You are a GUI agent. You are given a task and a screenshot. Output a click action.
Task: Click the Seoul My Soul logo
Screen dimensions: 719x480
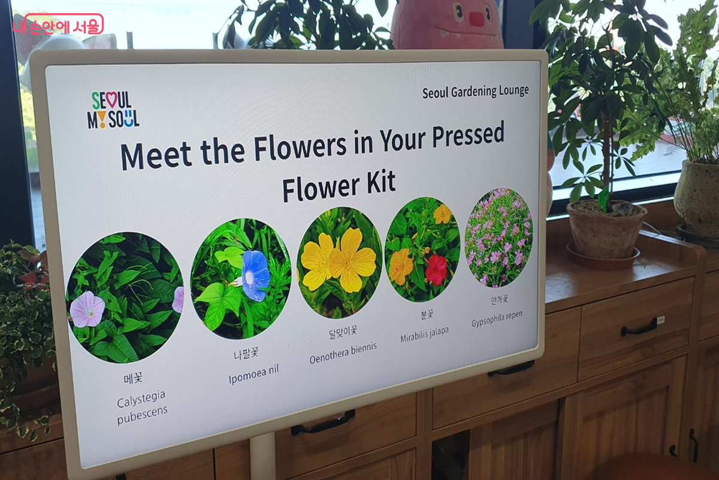[113, 110]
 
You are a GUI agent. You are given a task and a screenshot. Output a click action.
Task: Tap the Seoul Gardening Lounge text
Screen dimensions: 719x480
[475, 92]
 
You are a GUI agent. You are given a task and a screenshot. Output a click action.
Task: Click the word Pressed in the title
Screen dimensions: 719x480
[469, 136]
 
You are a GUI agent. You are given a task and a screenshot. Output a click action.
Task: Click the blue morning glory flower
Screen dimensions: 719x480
[255, 275]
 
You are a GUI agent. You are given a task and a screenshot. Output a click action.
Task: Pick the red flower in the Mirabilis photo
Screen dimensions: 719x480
[436, 270]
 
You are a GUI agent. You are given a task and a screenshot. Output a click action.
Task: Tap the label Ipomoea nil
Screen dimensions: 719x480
[253, 374]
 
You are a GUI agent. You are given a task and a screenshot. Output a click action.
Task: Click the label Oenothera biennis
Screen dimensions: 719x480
[343, 353]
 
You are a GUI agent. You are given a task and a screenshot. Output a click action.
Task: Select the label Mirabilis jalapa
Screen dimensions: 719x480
[424, 334]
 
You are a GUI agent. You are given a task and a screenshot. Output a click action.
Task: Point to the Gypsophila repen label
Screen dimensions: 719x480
[497, 318]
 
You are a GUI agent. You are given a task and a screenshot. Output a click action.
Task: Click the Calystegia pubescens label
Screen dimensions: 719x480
[142, 407]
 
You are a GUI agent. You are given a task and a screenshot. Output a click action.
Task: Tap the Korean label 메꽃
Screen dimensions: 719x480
[133, 378]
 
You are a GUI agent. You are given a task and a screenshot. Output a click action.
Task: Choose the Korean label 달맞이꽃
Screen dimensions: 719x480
[343, 332]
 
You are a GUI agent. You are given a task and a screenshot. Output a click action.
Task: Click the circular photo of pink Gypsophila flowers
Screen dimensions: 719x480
[499, 237]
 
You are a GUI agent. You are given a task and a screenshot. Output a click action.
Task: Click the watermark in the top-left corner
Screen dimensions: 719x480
[58, 25]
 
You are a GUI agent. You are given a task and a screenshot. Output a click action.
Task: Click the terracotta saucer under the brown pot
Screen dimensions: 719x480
[602, 256]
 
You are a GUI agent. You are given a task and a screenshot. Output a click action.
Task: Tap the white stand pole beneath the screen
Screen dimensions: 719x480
[262, 457]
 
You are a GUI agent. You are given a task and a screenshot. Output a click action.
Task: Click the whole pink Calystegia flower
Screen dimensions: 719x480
[87, 309]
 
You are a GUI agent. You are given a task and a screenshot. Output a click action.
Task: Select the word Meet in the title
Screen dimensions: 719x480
[156, 155]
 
